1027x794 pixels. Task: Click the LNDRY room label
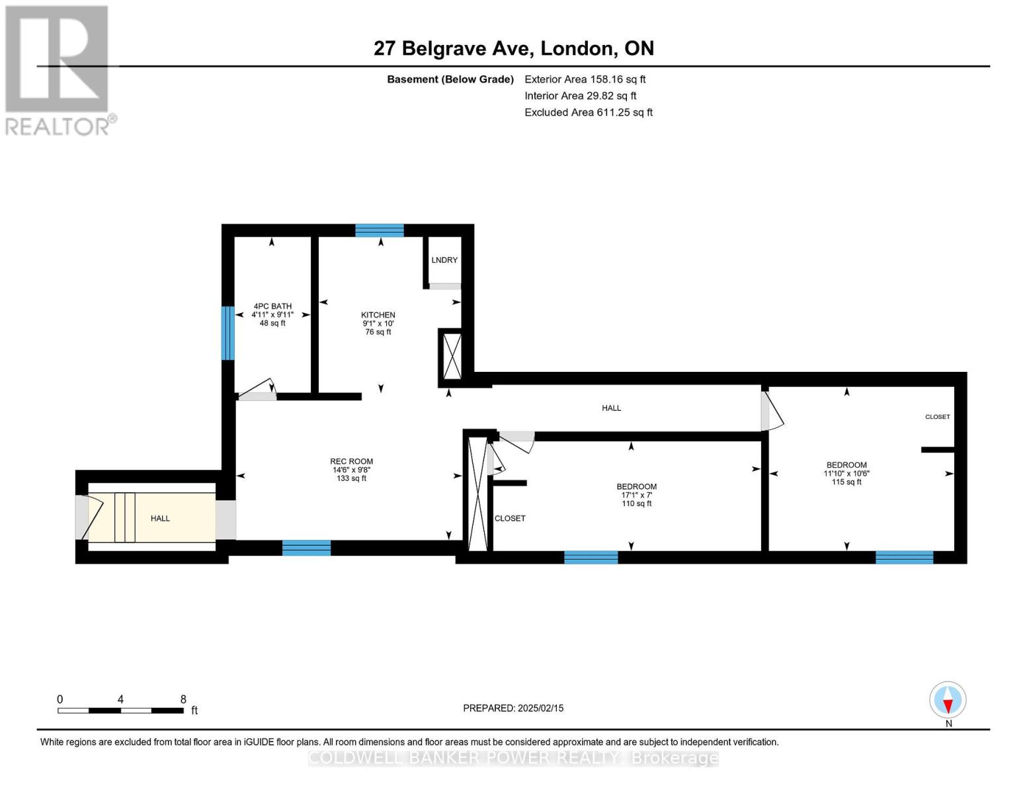(444, 260)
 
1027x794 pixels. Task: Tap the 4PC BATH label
(272, 306)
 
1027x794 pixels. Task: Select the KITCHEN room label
(378, 315)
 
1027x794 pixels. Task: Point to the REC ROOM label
(351, 461)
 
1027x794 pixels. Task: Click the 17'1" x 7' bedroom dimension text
(636, 495)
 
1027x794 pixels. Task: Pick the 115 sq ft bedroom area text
(846, 482)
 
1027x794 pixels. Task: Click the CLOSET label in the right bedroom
(937, 417)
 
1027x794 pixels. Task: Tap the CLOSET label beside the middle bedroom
(510, 518)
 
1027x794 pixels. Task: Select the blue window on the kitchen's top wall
(379, 230)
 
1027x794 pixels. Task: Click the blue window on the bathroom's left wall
(227, 333)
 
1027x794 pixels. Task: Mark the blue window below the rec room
(306, 548)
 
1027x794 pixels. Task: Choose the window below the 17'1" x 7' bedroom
(591, 557)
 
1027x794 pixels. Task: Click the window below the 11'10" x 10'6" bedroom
(904, 557)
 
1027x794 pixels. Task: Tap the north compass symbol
(948, 700)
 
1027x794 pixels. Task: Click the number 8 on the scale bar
(183, 699)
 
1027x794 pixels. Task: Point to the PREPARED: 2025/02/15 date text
(513, 708)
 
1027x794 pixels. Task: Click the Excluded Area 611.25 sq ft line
(588, 112)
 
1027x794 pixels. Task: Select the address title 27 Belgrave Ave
(513, 48)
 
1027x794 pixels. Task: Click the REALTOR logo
(58, 69)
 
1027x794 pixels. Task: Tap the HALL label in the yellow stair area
(160, 518)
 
